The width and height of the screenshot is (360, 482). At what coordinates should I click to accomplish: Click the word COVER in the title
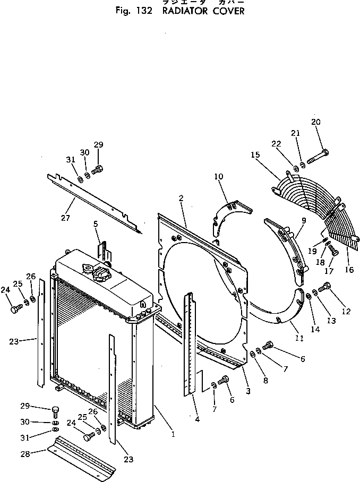click(x=229, y=11)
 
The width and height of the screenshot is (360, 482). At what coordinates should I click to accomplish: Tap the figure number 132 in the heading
click(x=143, y=11)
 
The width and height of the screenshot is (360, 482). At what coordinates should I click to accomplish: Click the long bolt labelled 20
click(x=317, y=157)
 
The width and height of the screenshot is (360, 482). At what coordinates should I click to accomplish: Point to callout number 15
click(x=255, y=154)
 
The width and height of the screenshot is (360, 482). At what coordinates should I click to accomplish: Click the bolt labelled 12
click(x=326, y=287)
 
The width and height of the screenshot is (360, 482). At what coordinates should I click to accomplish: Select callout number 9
click(x=303, y=220)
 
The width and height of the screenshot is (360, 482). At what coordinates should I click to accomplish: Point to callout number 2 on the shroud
click(x=181, y=198)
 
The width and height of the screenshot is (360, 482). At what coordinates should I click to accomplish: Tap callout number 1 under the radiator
click(x=173, y=434)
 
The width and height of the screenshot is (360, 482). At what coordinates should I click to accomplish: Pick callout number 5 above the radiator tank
click(x=96, y=225)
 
